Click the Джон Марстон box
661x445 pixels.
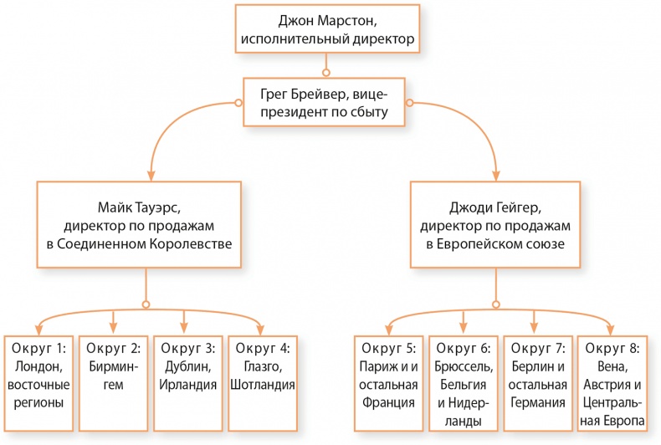tap(326, 28)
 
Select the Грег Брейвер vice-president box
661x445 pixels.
tap(326, 101)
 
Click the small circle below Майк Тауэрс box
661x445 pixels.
tap(146, 304)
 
